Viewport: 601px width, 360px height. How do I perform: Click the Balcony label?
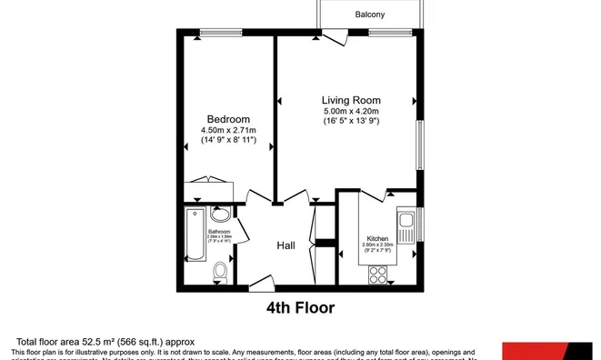(x=369, y=15)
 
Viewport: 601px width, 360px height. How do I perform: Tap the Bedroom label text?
(x=228, y=119)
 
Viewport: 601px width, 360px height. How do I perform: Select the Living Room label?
(x=351, y=100)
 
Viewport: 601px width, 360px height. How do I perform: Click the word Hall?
(x=286, y=245)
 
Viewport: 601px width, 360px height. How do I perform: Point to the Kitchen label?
(x=376, y=237)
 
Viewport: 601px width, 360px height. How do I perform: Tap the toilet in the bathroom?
(x=220, y=272)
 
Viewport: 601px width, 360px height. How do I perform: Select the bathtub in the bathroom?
(x=194, y=235)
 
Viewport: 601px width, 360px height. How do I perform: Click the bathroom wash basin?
(x=220, y=215)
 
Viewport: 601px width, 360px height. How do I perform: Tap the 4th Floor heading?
(x=300, y=308)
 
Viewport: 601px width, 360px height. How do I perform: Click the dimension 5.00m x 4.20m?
(x=351, y=111)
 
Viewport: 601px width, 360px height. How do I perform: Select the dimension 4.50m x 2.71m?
(x=228, y=130)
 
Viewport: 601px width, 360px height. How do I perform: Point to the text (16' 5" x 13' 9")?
(x=351, y=121)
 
